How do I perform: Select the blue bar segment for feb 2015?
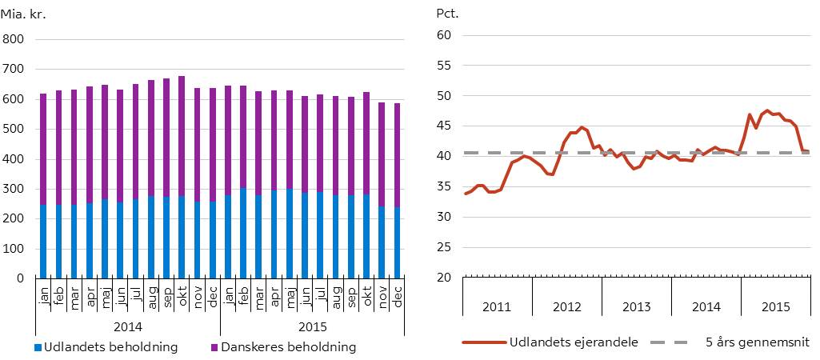(243, 233)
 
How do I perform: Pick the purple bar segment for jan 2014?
(43, 149)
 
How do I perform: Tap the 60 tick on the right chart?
(445, 35)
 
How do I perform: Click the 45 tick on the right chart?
(445, 126)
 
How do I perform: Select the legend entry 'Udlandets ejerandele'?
(574, 342)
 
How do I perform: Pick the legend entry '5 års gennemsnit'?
(758, 342)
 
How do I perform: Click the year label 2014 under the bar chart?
(127, 327)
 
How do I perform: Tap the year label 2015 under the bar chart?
(313, 327)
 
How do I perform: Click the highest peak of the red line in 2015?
(767, 110)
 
